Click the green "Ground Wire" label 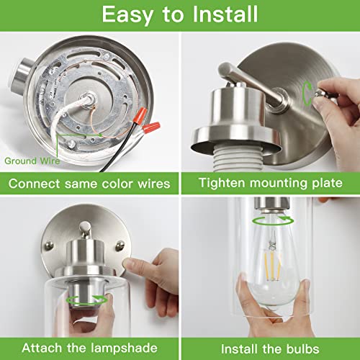point(30,161)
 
